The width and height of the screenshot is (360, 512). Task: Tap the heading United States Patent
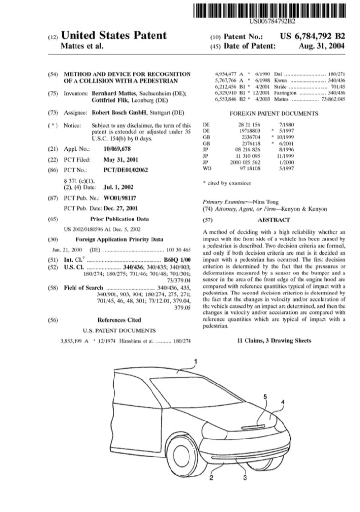(x=113, y=36)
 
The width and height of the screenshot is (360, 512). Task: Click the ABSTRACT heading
(x=273, y=220)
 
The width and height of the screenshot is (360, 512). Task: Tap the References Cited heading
(x=119, y=320)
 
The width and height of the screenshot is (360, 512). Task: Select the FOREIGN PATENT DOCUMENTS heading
(x=273, y=114)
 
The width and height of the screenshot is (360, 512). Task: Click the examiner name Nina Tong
(x=253, y=201)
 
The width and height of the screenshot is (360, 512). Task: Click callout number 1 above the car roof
(x=195, y=361)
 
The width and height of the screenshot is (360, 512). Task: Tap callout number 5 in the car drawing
(x=265, y=397)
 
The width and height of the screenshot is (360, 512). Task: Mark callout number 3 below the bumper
(x=245, y=492)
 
